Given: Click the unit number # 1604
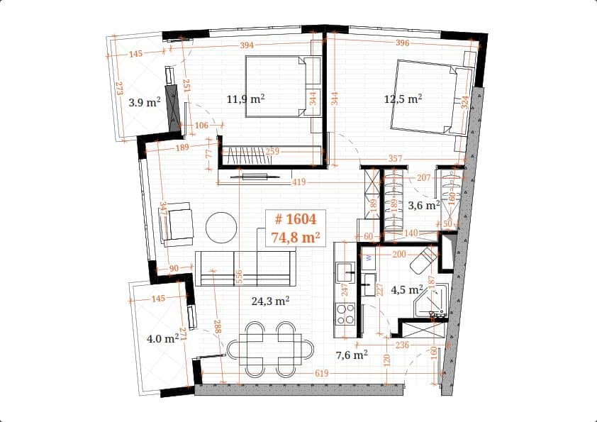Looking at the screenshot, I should coord(294,221).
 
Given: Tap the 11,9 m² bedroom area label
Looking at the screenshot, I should coord(245,99).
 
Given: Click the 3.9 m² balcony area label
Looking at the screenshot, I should coord(144,102).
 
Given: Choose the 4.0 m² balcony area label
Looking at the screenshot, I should coord(162,339).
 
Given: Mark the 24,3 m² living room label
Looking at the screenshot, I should coord(270,301).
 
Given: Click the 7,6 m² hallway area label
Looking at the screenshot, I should coord(350,355).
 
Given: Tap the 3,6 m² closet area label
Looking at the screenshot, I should coord(424,206).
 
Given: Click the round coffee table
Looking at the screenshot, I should coord(221,227).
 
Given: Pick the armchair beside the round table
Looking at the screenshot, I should coord(177,223).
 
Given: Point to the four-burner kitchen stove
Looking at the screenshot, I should coord(345,313).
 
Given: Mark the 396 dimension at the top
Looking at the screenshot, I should coord(403,44).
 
